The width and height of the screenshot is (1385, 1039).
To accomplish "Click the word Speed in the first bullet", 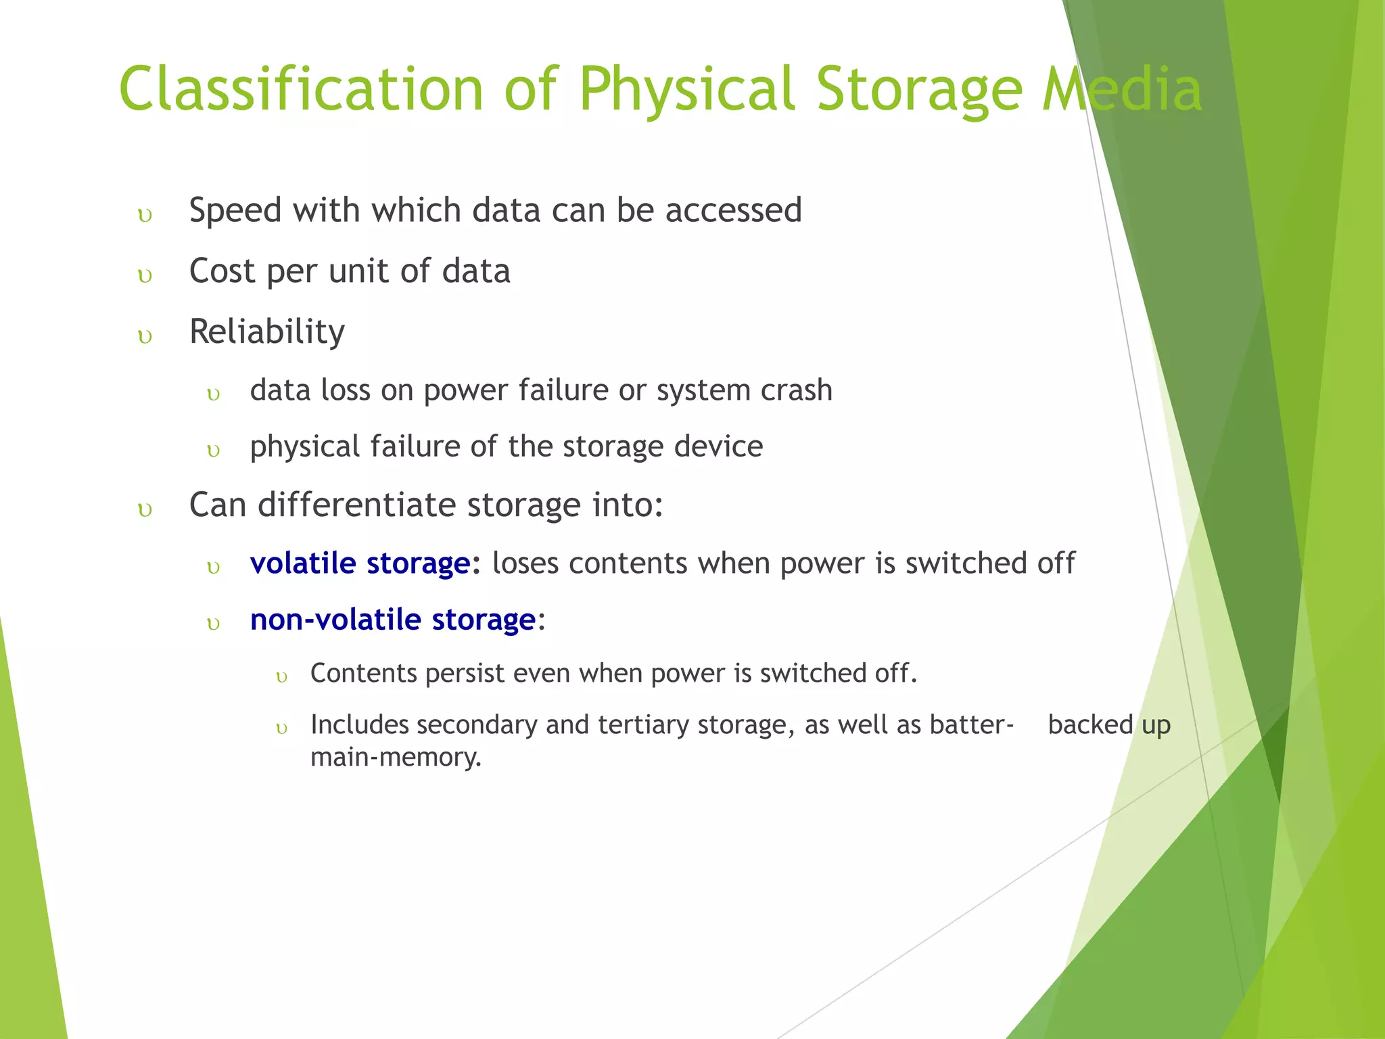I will tap(235, 210).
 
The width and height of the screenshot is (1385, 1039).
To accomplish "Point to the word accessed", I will tap(733, 210).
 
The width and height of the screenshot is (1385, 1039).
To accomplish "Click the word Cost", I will tap(222, 271).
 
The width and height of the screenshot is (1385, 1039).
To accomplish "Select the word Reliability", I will tap(267, 332).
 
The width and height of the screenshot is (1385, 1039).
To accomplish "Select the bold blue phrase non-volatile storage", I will tap(393, 620).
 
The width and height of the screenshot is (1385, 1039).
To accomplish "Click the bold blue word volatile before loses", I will tap(302, 563).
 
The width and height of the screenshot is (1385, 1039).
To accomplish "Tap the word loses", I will tap(525, 563).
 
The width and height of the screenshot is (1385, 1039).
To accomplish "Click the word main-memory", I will tap(396, 756).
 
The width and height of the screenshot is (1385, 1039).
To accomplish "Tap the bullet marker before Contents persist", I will tap(282, 677).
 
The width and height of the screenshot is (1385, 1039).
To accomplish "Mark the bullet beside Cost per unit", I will tap(145, 276).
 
